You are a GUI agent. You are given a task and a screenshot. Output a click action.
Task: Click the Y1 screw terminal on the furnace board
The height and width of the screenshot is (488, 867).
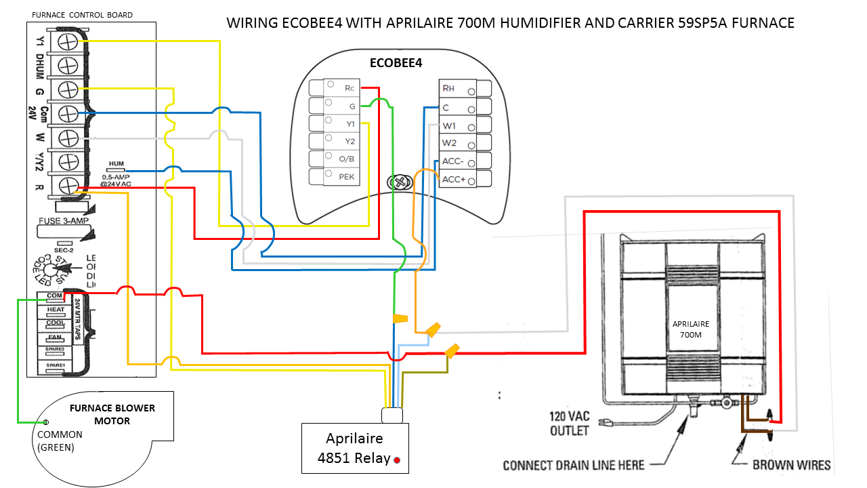pos(67,42)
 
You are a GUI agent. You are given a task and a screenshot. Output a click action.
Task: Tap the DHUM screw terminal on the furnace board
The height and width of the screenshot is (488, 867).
pos(67,65)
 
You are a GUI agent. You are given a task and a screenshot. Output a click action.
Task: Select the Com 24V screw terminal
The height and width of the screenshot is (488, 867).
pos(67,113)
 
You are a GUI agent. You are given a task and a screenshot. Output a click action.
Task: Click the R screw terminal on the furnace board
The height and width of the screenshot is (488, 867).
pos(67,184)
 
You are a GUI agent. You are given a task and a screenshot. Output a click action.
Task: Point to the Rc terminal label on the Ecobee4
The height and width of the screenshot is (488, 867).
pos(350,88)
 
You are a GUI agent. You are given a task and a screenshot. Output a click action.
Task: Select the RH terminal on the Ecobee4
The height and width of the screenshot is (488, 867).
pos(448,88)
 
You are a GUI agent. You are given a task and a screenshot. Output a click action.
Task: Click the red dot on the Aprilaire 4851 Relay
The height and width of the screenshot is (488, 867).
pos(398,460)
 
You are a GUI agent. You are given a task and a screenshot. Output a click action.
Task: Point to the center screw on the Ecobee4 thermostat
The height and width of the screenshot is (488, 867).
pos(400,182)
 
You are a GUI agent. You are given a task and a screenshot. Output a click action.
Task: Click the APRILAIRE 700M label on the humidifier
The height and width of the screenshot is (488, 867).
pos(692,329)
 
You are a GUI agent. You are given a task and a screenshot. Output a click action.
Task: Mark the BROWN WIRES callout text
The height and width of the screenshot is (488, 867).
pos(791,465)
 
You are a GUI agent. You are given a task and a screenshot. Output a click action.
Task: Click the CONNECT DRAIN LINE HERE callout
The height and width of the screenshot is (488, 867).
pos(573,465)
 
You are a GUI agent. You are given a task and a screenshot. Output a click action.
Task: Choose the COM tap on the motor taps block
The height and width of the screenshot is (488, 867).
pos(55,296)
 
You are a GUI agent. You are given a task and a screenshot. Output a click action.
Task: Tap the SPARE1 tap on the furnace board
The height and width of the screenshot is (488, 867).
pos(55,365)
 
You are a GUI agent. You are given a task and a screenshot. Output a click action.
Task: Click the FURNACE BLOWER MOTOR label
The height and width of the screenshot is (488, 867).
pos(112,414)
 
